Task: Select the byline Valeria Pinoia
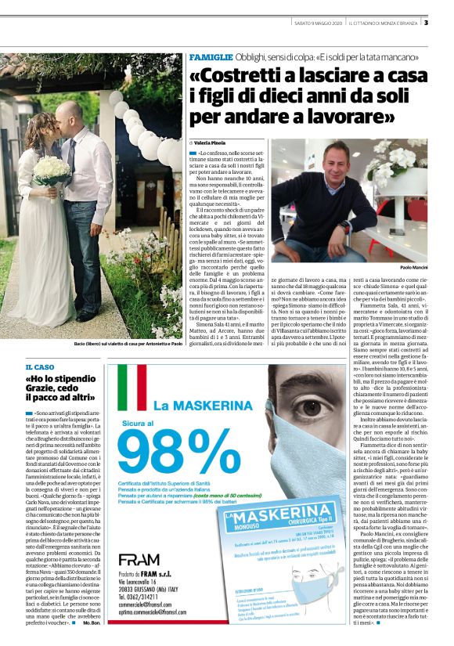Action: pyautogui.click(x=207, y=142)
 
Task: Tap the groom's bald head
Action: pyautogui.click(x=74, y=112)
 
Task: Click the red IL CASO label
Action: pyautogui.click(x=40, y=366)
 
